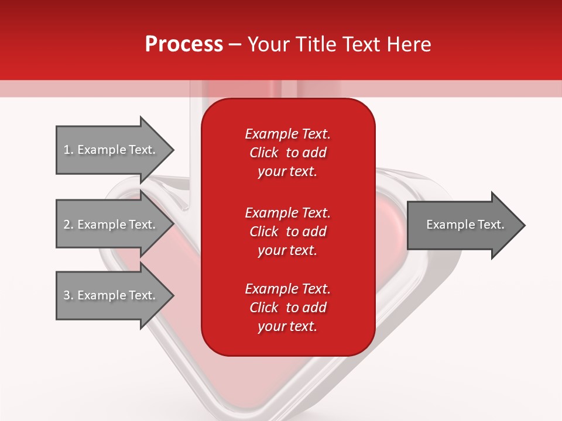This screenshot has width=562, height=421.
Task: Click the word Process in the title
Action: point(184,44)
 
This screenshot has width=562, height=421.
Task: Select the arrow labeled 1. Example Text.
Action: point(111,150)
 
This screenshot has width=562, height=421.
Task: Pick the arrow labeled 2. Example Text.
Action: point(111,225)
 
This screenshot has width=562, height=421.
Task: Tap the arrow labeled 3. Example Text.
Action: point(111,295)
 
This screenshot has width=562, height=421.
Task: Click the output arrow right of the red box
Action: point(462,225)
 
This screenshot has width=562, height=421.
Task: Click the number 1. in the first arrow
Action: point(68,150)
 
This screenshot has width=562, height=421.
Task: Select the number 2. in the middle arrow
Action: point(68,225)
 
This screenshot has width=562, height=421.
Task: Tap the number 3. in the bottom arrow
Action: point(68,295)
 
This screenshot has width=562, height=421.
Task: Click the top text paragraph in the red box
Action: point(287,153)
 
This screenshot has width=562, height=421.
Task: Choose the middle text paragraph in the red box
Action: point(287,232)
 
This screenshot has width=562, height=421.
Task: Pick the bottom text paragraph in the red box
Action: point(287,308)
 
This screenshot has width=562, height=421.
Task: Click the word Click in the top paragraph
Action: point(264,153)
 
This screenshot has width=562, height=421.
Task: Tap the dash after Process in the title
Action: point(235,44)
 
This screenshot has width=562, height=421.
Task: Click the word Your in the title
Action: point(268,44)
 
